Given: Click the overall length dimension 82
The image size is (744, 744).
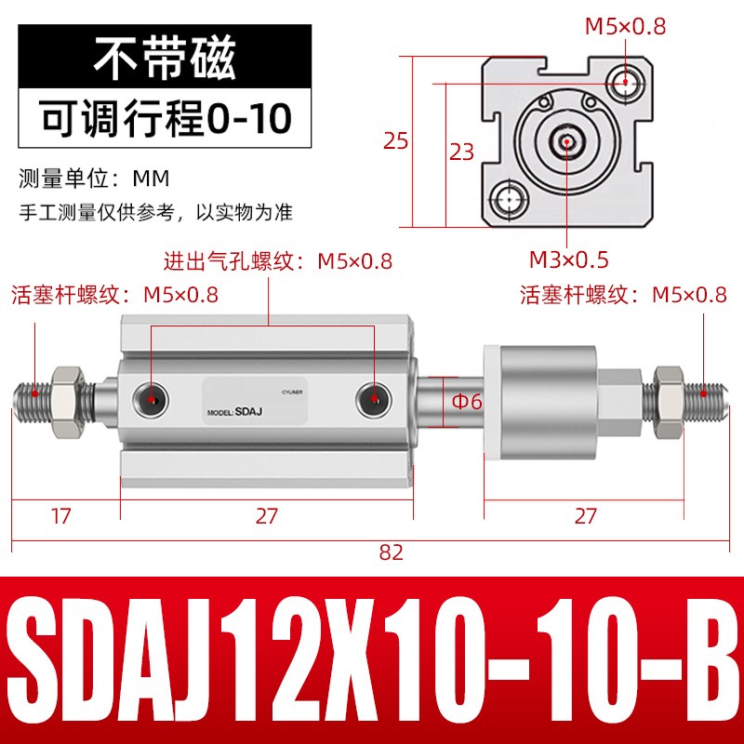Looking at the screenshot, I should (392, 551).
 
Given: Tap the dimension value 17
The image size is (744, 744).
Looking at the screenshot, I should (60, 515).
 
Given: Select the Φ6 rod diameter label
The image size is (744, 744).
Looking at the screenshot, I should (466, 402).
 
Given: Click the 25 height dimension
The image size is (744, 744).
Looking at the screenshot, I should (396, 141).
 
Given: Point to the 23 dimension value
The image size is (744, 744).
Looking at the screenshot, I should (462, 152).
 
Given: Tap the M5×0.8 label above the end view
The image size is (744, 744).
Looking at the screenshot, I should (625, 27).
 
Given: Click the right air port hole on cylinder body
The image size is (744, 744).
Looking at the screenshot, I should (372, 398).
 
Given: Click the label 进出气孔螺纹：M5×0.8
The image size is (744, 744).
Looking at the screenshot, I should (278, 261).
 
